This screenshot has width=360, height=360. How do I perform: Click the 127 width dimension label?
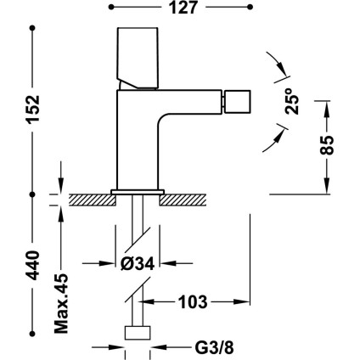coord(183,8)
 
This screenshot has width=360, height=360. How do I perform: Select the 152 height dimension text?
coord(33,110)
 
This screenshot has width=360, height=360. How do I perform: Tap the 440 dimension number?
coord(33,265)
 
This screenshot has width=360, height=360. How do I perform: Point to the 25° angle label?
coord(292,101)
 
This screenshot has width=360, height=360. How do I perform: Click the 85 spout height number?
coord(327,145)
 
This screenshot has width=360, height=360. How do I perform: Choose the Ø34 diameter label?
coord(138,264)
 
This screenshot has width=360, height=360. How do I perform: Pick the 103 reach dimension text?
coord(194,301)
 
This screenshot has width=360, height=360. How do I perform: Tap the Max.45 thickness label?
coord(61,303)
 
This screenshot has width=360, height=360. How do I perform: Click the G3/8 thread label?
coord(214,347)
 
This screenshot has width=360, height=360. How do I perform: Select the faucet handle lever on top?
coord(138,58)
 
